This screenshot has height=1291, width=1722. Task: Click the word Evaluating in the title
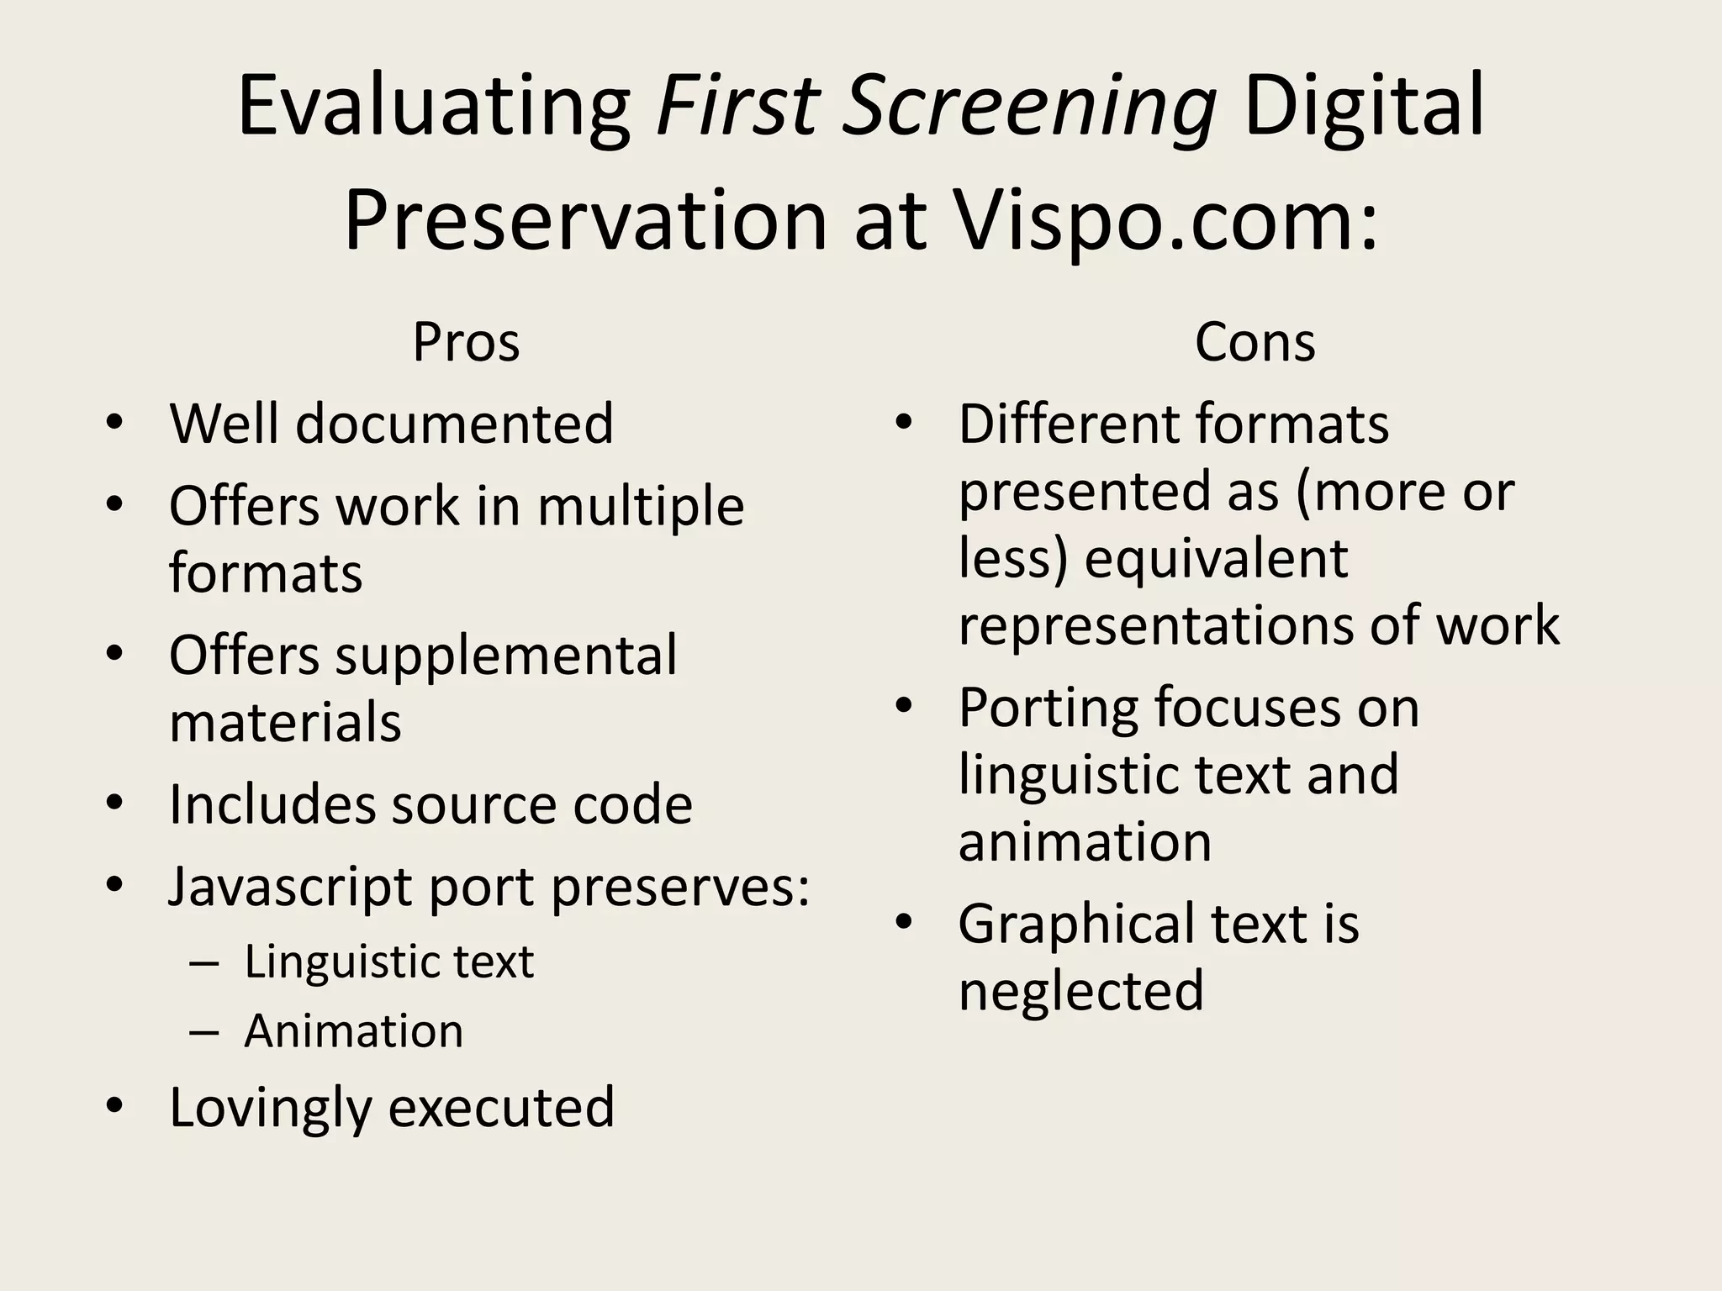tap(434, 107)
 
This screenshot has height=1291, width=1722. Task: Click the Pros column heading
tap(466, 342)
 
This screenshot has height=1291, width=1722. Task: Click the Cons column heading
tap(1255, 342)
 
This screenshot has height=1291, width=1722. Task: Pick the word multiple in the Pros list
tap(641, 506)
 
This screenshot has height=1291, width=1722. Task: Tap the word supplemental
tap(506, 656)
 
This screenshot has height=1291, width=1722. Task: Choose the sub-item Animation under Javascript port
tap(353, 1030)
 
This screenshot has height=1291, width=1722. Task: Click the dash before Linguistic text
tap(204, 962)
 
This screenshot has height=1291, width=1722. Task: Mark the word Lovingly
tap(270, 1107)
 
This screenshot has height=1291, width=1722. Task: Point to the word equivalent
tap(1216, 558)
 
